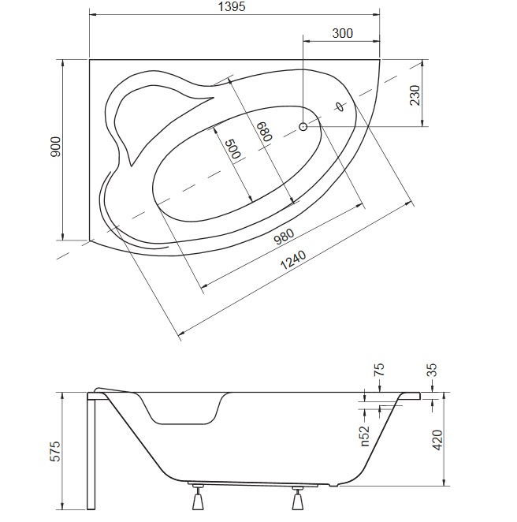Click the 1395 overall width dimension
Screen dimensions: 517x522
tap(232, 6)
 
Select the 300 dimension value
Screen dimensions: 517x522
tap(342, 33)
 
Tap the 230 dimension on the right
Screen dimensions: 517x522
tap(415, 95)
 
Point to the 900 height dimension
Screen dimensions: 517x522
tap(55, 147)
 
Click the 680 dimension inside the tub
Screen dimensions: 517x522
tap(266, 131)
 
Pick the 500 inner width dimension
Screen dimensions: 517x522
tap(232, 148)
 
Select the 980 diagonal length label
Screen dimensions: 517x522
tap(284, 236)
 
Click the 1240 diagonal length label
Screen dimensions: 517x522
tap(292, 260)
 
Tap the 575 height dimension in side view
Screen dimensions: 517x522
tap(56, 451)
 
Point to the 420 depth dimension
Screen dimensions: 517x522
tap(438, 440)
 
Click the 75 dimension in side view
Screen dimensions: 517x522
tap(379, 370)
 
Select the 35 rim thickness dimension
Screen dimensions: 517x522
tap(431, 370)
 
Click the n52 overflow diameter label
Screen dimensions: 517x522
tap(365, 436)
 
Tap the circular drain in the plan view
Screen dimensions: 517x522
tap(303, 126)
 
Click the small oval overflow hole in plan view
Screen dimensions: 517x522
tap(339, 106)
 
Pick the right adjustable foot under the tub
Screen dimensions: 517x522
tap(298, 498)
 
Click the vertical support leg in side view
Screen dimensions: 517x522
tap(91, 451)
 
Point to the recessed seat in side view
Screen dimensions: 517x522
tap(182, 409)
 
